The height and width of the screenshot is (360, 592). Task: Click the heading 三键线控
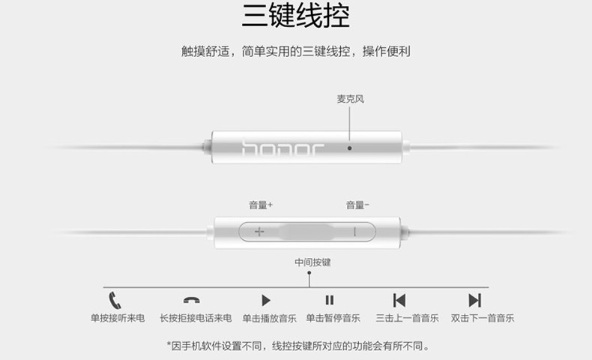(x=296, y=17)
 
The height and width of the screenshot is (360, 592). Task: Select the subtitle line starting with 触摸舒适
(x=295, y=52)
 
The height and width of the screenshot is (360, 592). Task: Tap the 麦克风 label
(x=350, y=99)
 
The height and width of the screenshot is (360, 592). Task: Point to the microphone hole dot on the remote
(x=349, y=148)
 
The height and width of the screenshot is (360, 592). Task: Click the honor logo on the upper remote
(x=283, y=147)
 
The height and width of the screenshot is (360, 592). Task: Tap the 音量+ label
(x=261, y=205)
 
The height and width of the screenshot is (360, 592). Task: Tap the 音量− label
(x=357, y=205)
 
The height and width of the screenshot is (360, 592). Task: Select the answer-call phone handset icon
(x=115, y=300)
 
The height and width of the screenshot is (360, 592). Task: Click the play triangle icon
(x=266, y=301)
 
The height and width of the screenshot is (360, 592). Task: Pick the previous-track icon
(x=399, y=301)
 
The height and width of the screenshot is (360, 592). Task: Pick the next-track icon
(x=474, y=301)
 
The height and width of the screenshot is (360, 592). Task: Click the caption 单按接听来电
(x=118, y=318)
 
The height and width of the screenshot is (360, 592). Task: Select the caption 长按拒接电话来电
(x=195, y=318)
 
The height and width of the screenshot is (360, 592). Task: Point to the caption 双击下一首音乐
(x=483, y=318)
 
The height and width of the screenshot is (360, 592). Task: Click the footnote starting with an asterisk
(x=298, y=346)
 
